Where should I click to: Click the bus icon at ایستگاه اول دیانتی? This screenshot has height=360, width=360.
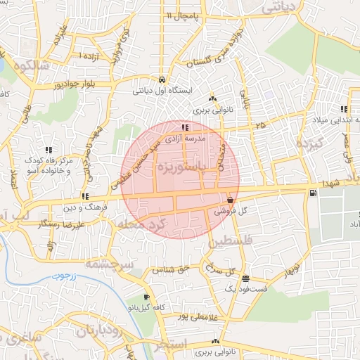point(162,79)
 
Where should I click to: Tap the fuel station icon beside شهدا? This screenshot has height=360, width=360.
point(311,191)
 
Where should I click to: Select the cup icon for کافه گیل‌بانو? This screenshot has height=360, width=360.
point(146,297)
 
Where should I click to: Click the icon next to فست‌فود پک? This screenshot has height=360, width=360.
point(245,278)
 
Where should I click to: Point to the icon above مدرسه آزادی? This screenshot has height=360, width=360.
point(185,128)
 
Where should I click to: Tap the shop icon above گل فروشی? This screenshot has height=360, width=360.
point(231,200)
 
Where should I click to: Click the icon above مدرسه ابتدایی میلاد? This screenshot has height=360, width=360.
point(344,109)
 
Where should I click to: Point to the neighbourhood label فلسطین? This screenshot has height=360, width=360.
point(229,241)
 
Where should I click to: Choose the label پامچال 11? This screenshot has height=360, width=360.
point(184,15)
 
